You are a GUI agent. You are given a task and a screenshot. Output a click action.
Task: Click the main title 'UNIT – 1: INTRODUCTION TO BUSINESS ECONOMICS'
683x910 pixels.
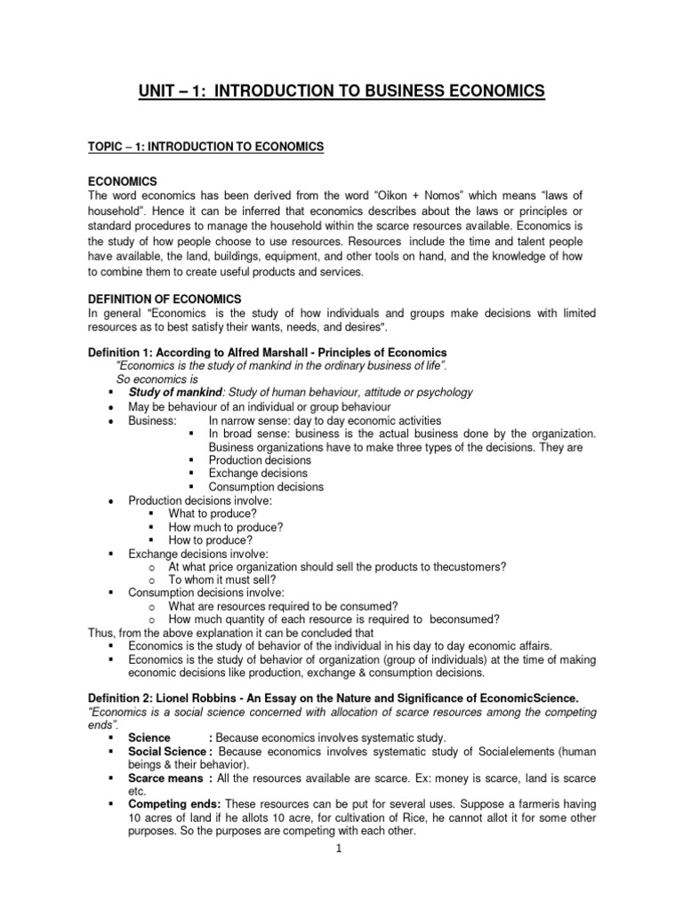point(341,91)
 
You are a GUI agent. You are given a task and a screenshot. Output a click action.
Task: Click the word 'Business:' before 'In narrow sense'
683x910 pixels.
point(152,420)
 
